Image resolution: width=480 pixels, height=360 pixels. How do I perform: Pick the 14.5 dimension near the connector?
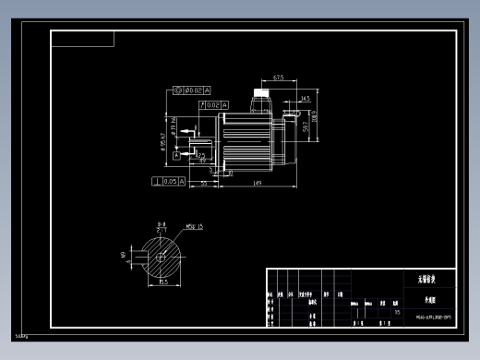306,97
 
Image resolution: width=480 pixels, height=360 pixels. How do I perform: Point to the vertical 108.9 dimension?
315,118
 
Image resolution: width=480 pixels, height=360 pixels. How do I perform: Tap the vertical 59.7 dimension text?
306,126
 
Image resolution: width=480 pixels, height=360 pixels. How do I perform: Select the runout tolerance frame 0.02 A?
211,105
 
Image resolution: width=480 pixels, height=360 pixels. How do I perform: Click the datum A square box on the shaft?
177,155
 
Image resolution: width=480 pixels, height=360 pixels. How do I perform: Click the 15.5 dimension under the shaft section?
163,282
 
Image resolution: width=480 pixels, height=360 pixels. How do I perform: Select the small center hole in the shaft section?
161,258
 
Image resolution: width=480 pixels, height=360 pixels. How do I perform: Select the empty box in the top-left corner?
83,39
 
